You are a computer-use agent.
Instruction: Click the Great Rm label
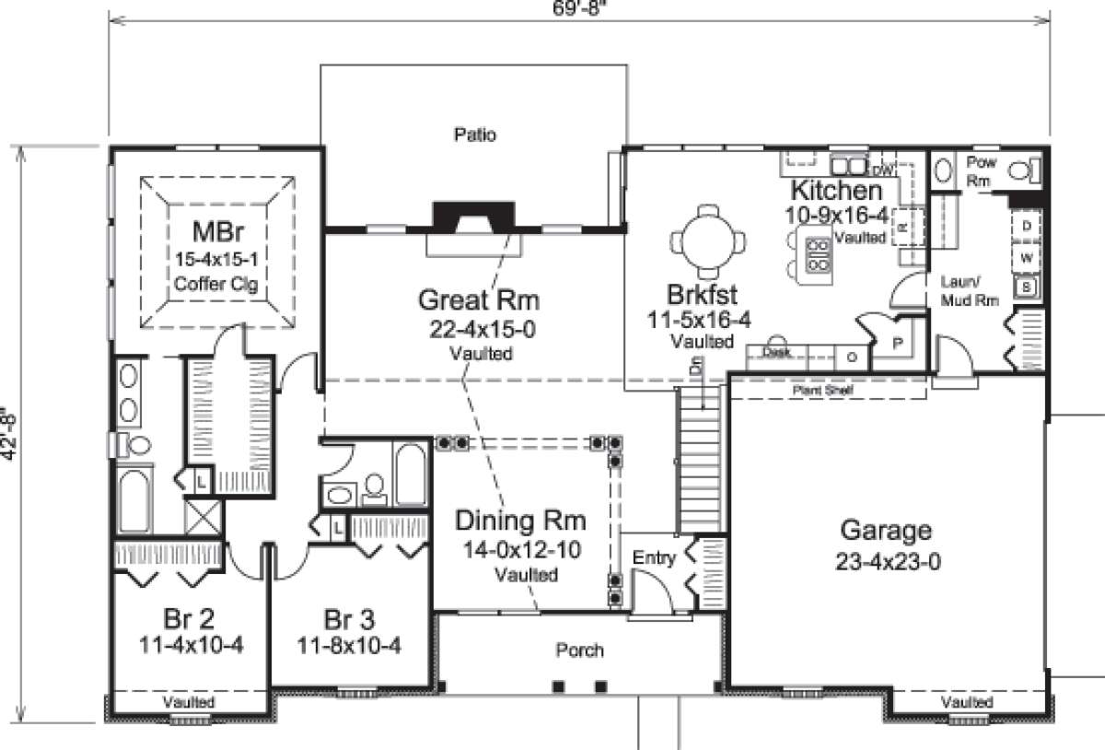478,300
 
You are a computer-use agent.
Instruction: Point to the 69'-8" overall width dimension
578,9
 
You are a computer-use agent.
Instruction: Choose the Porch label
579,650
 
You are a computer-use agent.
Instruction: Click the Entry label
655,558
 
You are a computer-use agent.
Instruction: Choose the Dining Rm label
521,522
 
